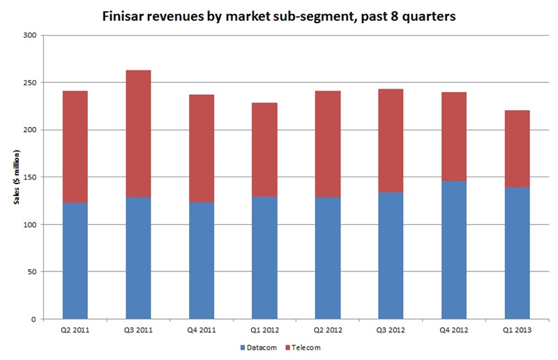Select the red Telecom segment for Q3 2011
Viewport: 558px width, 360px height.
coord(138,133)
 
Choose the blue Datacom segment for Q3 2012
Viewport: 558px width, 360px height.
coord(391,255)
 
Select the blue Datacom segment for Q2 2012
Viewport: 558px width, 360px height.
coord(327,258)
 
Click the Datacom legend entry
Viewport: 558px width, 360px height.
coord(262,346)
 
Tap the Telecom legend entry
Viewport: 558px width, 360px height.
coord(305,346)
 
